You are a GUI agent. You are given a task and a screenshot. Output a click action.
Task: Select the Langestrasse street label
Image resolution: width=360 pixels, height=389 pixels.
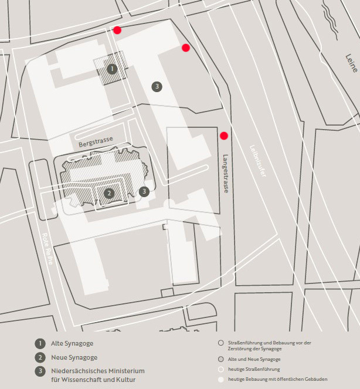226,174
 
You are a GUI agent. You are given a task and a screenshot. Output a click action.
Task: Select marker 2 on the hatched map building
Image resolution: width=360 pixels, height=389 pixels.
109,192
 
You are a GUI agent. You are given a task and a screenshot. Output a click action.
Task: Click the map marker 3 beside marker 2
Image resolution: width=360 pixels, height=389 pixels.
144,191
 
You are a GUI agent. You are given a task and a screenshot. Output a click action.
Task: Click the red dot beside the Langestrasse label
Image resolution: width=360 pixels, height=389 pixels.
223,136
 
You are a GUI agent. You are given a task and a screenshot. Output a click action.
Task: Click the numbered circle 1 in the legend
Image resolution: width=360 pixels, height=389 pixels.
39,343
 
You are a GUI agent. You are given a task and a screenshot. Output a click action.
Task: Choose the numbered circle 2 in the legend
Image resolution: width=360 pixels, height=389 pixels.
39,357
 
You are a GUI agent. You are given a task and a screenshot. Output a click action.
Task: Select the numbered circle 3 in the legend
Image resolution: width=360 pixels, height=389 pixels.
39,371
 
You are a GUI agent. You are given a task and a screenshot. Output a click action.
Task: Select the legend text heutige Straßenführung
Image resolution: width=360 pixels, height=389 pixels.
253,369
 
